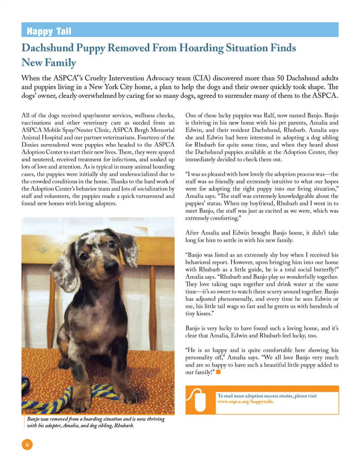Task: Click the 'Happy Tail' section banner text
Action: pyautogui.click(x=49, y=31)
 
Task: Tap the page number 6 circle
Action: pyautogui.click(x=27, y=444)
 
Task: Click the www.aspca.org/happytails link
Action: pyautogui.click(x=246, y=401)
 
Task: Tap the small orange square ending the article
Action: pyautogui.click(x=218, y=372)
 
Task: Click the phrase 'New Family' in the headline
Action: pyautogui.click(x=49, y=62)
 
